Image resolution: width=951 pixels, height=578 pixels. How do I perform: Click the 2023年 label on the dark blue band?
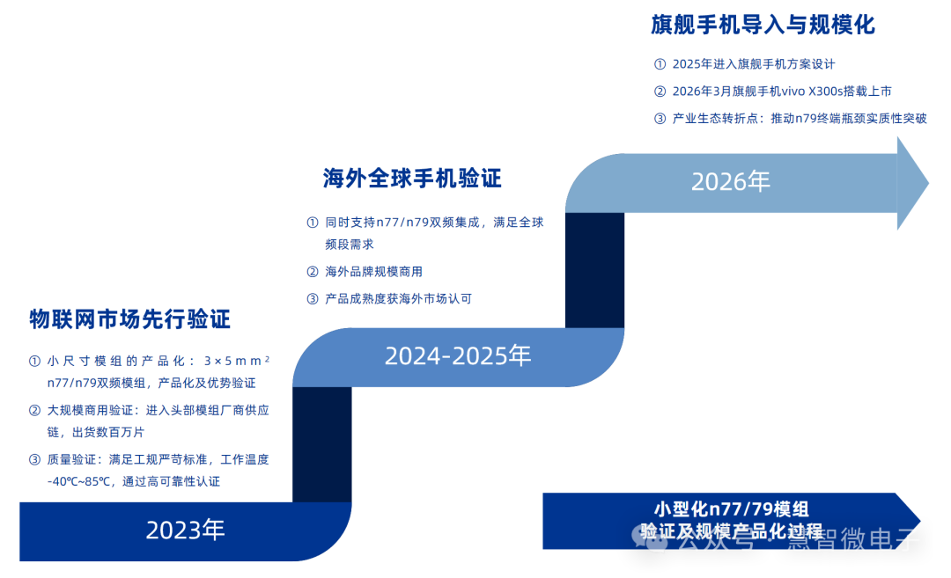[x=185, y=530]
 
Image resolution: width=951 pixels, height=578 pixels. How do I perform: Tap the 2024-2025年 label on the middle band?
[x=458, y=355]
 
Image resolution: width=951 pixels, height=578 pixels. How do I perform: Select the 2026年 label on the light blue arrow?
[x=730, y=181]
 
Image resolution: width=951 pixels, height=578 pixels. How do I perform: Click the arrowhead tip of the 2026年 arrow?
[x=929, y=183]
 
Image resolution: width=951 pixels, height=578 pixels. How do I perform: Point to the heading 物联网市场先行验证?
[x=129, y=319]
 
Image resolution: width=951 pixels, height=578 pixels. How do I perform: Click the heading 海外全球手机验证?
[x=412, y=178]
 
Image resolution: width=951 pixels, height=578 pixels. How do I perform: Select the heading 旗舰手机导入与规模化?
[x=763, y=25]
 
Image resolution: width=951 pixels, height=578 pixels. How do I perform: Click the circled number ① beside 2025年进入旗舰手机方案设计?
[x=660, y=64]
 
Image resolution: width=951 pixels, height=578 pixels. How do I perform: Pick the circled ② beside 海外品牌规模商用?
[x=313, y=272]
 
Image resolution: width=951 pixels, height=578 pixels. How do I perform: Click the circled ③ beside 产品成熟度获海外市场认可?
[x=313, y=299]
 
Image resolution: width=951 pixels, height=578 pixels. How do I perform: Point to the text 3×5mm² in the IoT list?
[x=237, y=361]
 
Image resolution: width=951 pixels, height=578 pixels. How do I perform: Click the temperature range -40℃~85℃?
[x=80, y=482]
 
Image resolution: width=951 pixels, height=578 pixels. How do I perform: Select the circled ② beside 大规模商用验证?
[x=34, y=410]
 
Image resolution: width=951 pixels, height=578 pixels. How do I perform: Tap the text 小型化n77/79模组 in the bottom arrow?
[x=731, y=508]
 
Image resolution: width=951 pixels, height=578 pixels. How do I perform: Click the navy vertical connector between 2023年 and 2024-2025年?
[x=322, y=444]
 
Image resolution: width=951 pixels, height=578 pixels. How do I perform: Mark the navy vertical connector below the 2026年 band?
[x=594, y=270]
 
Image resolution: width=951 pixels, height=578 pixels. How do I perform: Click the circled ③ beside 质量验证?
[x=34, y=460]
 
